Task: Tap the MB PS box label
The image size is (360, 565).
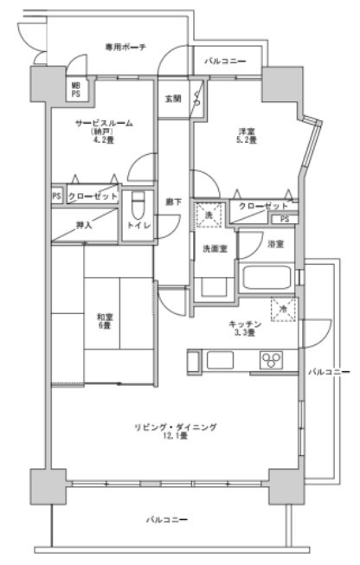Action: pyautogui.click(x=76, y=89)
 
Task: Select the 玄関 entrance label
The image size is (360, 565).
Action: pyautogui.click(x=172, y=98)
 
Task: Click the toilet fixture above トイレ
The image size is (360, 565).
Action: pyautogui.click(x=136, y=205)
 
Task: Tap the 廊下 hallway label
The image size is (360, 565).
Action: pyautogui.click(x=172, y=201)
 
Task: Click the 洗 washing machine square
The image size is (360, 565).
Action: pyautogui.click(x=208, y=214)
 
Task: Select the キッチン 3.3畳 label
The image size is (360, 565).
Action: pyautogui.click(x=240, y=329)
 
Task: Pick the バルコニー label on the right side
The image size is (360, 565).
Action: pyautogui.click(x=329, y=371)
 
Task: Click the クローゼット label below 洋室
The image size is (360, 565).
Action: pyautogui.click(x=263, y=206)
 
